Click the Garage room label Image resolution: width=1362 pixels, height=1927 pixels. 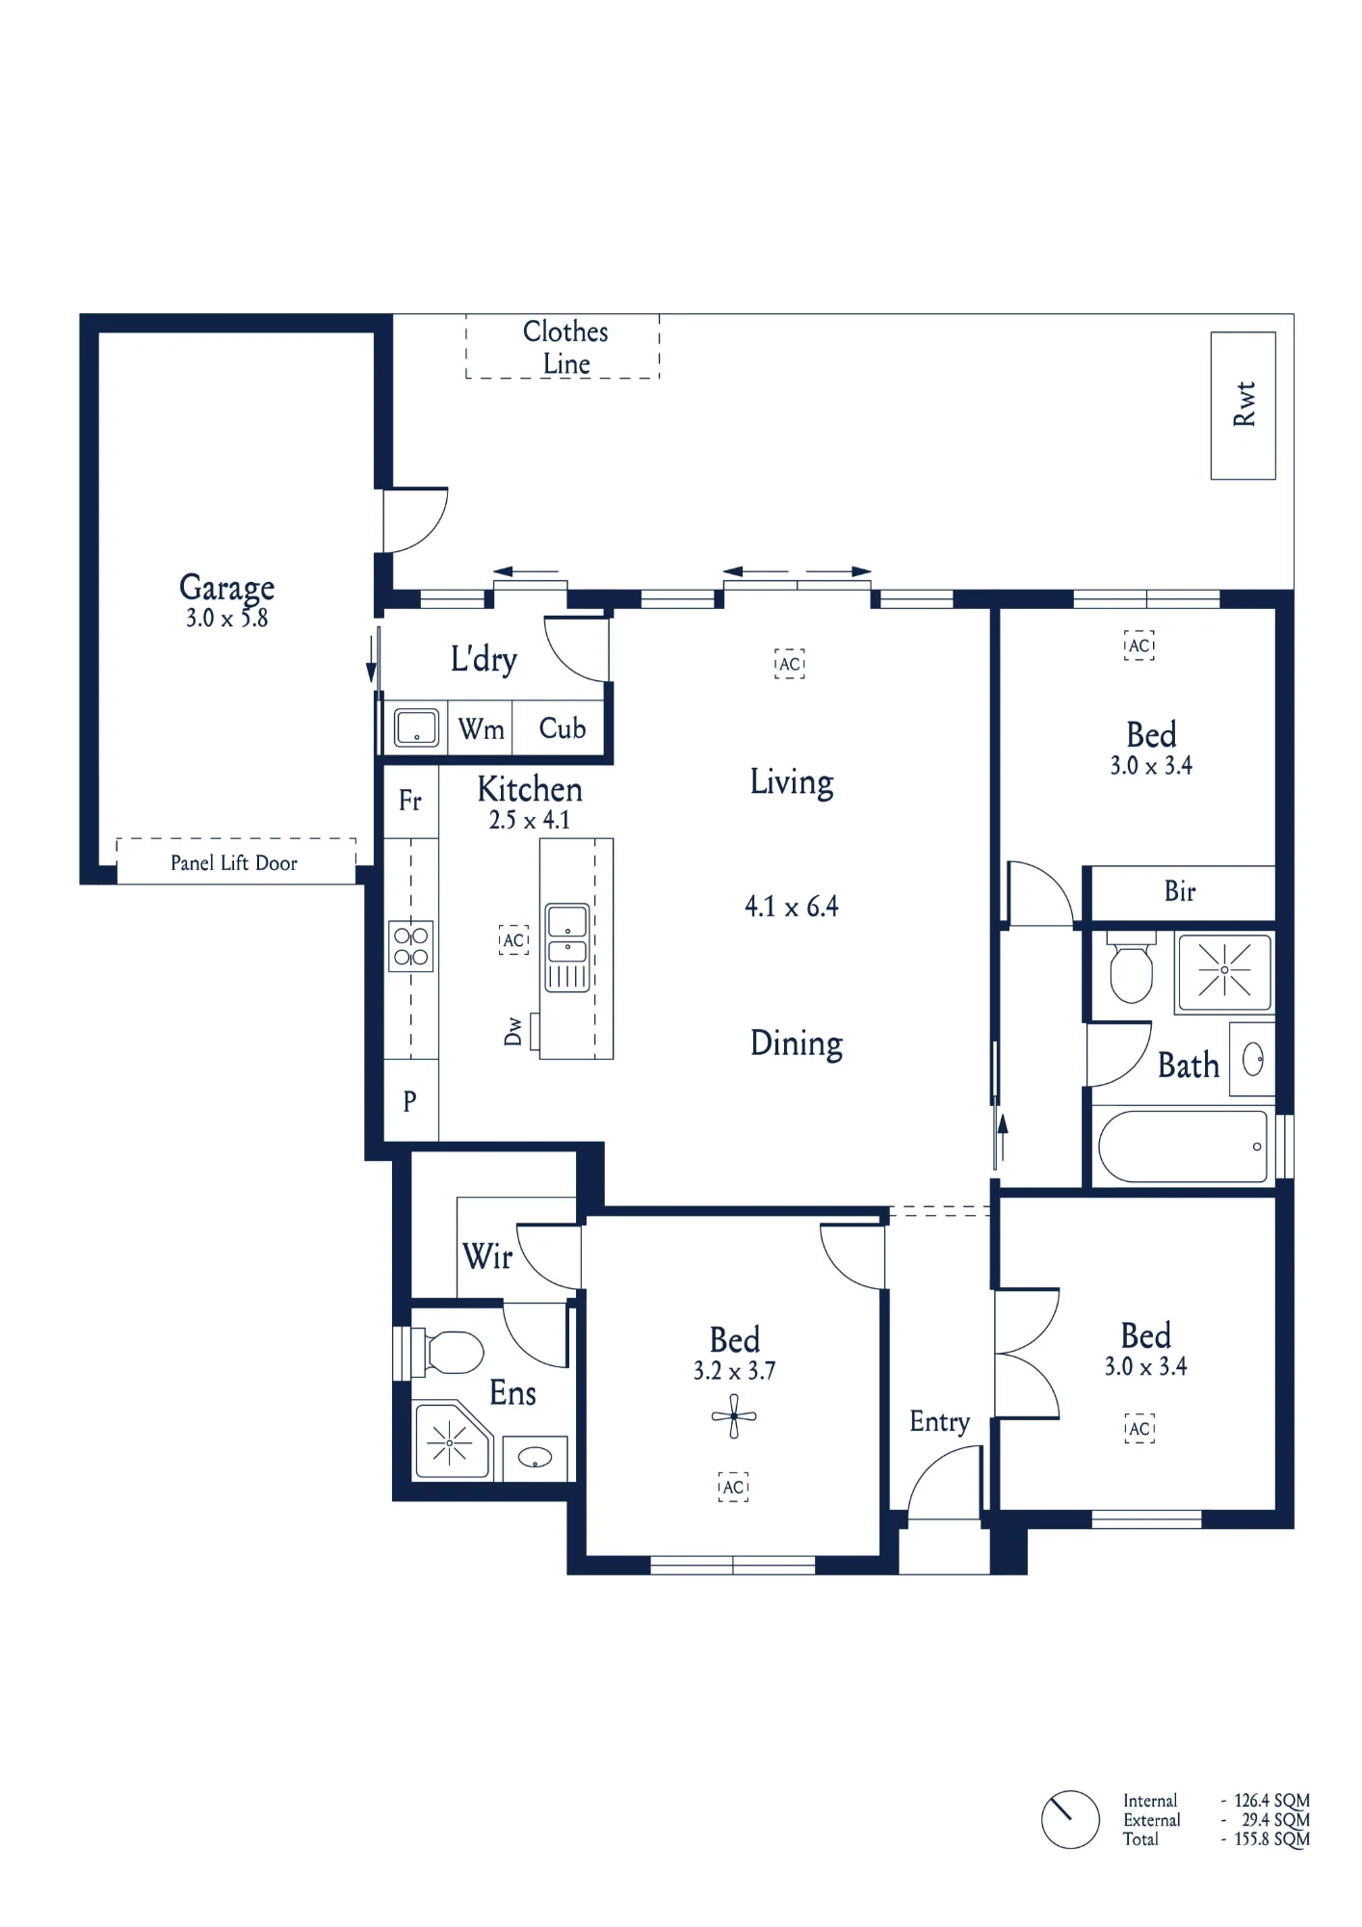[x=226, y=588]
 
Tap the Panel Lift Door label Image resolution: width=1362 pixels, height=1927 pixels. [x=234, y=863]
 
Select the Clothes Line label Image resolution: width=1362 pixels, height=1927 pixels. [x=565, y=347]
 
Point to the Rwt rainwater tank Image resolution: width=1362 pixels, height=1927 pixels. [x=1243, y=406]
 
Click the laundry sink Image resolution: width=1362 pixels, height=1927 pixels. [x=416, y=727]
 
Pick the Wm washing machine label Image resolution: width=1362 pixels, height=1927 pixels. [x=481, y=729]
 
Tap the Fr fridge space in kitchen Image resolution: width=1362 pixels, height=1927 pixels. [x=410, y=801]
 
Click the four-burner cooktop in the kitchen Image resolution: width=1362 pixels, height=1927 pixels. [x=411, y=945]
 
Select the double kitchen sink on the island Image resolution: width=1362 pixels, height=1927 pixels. [x=567, y=947]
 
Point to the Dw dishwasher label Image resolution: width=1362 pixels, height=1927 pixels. [x=512, y=1031]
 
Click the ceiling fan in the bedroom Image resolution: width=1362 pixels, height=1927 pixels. [x=734, y=1416]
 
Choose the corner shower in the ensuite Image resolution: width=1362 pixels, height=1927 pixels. [x=452, y=1441]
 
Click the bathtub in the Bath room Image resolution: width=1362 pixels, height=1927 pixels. [x=1183, y=1147]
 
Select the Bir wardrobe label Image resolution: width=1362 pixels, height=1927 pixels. [x=1180, y=891]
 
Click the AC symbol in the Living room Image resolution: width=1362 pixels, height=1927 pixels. [x=790, y=664]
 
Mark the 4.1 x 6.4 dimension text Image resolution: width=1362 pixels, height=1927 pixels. [x=792, y=907]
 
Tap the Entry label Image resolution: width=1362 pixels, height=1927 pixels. [x=939, y=1422]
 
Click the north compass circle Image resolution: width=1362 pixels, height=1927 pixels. [x=1070, y=1819]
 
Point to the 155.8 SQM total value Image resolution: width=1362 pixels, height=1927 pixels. [x=1272, y=1838]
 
